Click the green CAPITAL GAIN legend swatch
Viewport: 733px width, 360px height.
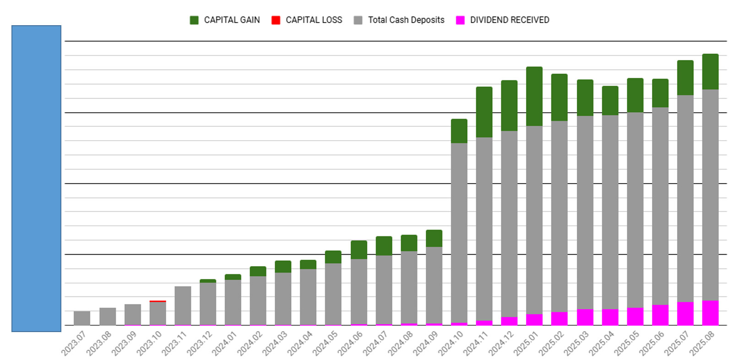coord(194,20)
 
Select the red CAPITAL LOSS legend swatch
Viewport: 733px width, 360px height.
coord(276,20)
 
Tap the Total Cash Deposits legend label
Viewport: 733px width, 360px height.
coord(406,20)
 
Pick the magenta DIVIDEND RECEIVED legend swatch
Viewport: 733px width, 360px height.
coord(460,20)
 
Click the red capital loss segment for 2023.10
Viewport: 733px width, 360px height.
coord(158,301)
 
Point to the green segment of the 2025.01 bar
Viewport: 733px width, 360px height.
coord(534,96)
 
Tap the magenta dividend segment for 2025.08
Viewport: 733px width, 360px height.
coord(710,313)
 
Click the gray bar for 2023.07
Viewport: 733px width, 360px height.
coord(82,318)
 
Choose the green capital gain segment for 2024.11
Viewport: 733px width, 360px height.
coord(484,112)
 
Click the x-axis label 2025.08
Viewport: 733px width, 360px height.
coord(701,343)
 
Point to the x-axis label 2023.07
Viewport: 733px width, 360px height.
coord(74,343)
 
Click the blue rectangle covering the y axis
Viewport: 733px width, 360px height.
coord(36,179)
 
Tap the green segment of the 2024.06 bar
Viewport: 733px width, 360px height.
coord(359,250)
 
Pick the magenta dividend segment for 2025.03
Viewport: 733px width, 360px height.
coord(585,317)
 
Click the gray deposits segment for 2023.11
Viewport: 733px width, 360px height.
coord(183,305)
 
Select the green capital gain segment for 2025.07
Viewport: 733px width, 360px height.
coord(685,77)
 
